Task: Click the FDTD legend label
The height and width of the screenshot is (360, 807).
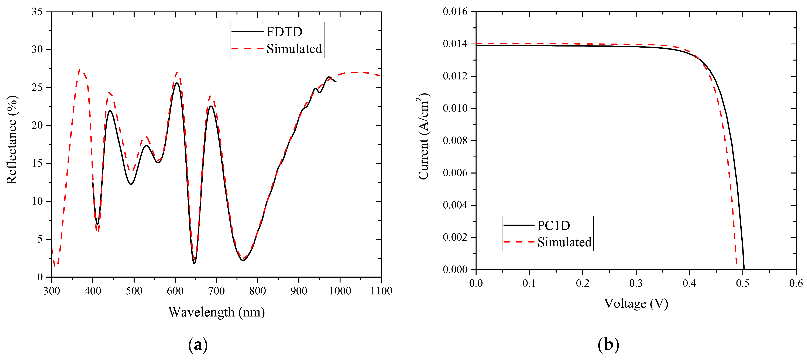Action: (284, 32)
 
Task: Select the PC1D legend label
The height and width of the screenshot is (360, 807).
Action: (554, 225)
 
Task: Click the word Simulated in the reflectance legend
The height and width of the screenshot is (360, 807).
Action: (294, 49)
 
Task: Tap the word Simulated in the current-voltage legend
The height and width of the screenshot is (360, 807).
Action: (564, 242)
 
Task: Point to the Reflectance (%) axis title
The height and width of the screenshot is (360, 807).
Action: (12, 140)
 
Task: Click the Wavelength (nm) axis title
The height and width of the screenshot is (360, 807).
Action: (216, 312)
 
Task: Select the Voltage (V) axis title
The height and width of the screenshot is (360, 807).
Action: (636, 303)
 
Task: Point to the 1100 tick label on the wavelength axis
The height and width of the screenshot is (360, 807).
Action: (381, 291)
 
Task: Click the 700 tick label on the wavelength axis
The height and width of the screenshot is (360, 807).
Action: (216, 291)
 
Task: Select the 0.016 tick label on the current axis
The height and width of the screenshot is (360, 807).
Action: (455, 12)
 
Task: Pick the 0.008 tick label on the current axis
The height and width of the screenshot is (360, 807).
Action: (455, 140)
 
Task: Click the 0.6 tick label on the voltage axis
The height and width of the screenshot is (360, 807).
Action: (796, 283)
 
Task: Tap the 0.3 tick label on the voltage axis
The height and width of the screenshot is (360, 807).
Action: (636, 283)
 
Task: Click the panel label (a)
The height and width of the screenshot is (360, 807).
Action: (198, 345)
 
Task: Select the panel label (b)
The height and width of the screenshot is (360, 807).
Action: (608, 345)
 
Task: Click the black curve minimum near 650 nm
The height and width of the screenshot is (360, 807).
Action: (194, 263)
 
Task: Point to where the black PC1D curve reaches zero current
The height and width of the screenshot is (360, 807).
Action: (744, 269)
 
